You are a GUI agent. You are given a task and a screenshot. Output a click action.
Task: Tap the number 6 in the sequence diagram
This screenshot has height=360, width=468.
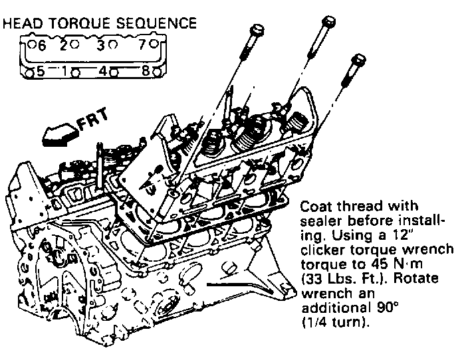(x=41, y=46)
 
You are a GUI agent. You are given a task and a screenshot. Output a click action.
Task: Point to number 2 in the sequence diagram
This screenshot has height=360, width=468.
(x=64, y=46)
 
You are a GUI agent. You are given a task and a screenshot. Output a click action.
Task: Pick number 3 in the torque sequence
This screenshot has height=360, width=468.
(x=100, y=46)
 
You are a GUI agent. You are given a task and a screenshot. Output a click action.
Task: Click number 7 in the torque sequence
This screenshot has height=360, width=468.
(x=142, y=46)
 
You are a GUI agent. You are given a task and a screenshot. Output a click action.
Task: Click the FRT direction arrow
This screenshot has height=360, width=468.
(x=57, y=134)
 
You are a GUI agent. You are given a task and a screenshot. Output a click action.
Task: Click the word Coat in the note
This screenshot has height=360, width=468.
(x=316, y=206)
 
